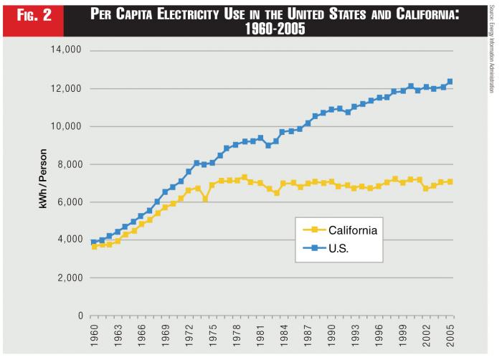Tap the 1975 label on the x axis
[x=212, y=338]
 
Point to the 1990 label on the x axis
[x=331, y=338]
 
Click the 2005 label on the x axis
[x=450, y=338]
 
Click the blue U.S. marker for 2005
[x=450, y=82]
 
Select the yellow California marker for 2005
[x=450, y=181]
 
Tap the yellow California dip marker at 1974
[x=204, y=199]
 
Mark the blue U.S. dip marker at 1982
[x=267, y=145]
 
